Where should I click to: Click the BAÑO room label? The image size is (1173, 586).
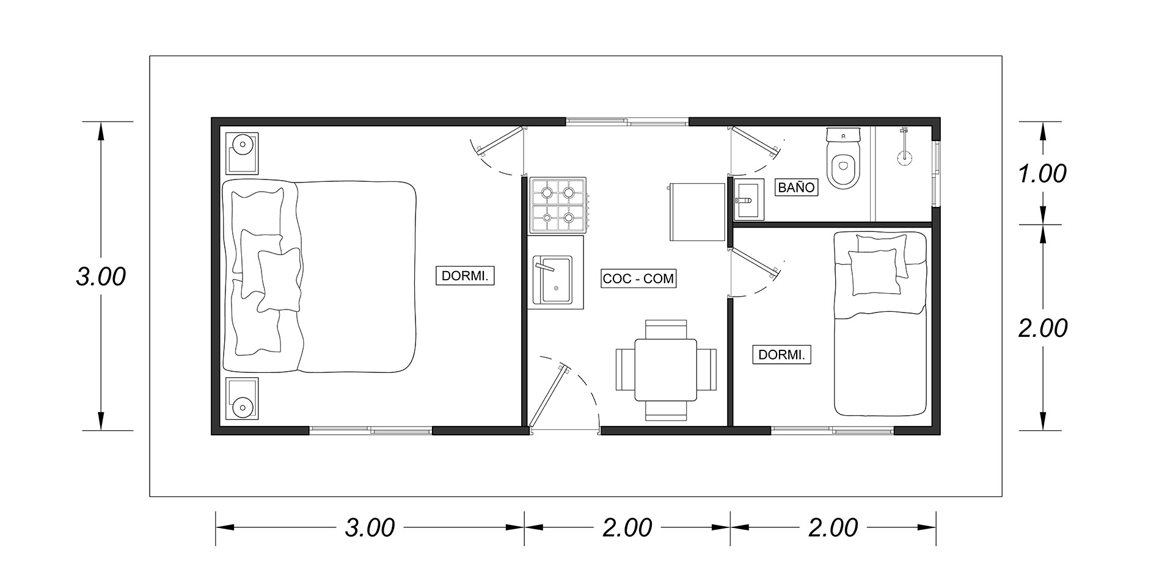point(797,187)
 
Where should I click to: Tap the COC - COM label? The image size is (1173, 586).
point(638,279)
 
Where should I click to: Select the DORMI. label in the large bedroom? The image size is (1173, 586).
point(464,276)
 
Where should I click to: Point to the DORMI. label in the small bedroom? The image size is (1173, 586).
point(781,355)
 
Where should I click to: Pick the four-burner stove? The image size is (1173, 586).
point(558,205)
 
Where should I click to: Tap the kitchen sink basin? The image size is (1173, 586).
point(553,281)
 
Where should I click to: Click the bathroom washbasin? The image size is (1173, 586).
point(748,199)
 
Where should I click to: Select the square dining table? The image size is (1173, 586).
point(666,370)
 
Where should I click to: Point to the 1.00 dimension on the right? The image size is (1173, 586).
point(1043,174)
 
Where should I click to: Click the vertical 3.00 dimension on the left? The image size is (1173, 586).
point(101,277)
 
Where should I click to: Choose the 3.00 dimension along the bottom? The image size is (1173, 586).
point(370,527)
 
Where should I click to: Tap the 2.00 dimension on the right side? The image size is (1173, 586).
point(1043,328)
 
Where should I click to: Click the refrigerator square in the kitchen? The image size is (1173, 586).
point(697,211)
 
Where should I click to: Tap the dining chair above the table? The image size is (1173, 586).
point(666,329)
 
